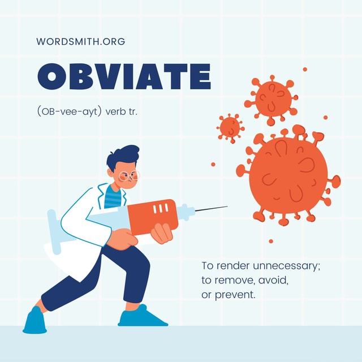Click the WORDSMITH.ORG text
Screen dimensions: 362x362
pos(80,41)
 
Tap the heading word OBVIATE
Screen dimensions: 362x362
pos(124,76)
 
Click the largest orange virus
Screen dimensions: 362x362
pos(288,175)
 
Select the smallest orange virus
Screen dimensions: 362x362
pos(230,126)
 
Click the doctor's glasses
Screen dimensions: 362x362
pos(130,175)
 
